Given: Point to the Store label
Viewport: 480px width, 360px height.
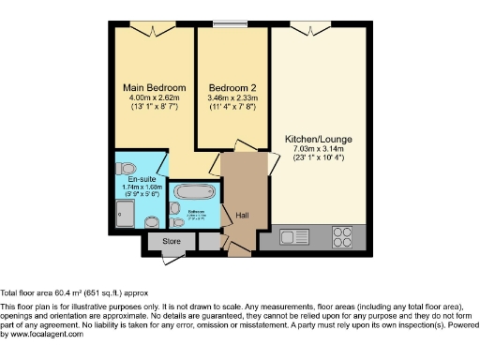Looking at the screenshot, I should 171,241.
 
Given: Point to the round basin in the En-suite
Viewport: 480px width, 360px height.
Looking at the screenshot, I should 154,222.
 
